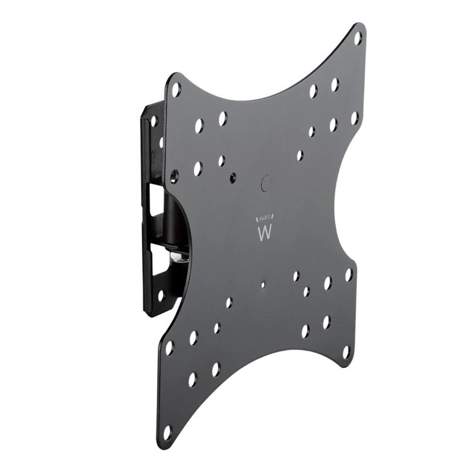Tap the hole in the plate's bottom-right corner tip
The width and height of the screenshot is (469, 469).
(x=346, y=353)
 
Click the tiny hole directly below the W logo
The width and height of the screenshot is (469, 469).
(x=263, y=285)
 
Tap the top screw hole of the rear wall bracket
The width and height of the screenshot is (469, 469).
(x=153, y=121)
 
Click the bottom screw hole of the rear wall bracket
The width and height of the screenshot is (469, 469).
(x=161, y=296)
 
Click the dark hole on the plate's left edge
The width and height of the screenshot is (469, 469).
(x=175, y=175)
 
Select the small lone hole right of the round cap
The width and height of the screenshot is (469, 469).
(x=299, y=156)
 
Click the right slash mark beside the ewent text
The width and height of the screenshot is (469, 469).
(x=275, y=220)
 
